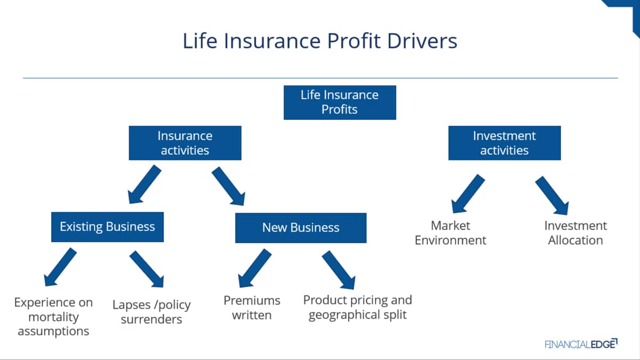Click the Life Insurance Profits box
pyautogui.click(x=340, y=102)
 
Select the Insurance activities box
pyautogui.click(x=185, y=143)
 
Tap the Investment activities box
pyautogui.click(x=505, y=143)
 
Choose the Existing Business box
pyautogui.click(x=107, y=227)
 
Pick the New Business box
pyautogui.click(x=301, y=228)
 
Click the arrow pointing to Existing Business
pyautogui.click(x=145, y=185)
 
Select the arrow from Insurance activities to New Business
pyautogui.click(x=229, y=186)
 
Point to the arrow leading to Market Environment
pyautogui.click(x=468, y=194)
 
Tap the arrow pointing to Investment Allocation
pyautogui.click(x=552, y=195)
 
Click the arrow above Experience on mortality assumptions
pyautogui.click(x=60, y=267)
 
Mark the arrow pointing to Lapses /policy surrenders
pyautogui.click(x=147, y=269)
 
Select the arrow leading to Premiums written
pyautogui.click(x=254, y=268)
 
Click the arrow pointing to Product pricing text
pyautogui.click(x=339, y=270)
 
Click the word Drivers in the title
pyautogui.click(x=422, y=41)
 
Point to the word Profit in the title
pyautogui.click(x=354, y=41)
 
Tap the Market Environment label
pyautogui.click(x=450, y=233)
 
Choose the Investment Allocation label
pyautogui.click(x=575, y=233)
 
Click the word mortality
pyautogui.click(x=53, y=317)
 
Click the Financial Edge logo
pyautogui.click(x=581, y=344)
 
